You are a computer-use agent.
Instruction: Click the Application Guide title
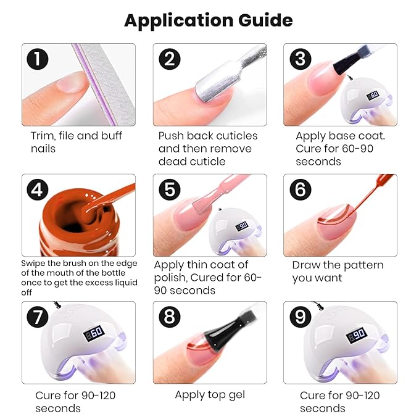click(x=209, y=20)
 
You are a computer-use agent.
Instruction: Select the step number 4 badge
click(x=38, y=189)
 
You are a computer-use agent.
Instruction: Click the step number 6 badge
click(x=300, y=189)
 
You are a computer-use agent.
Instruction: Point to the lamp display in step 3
click(x=372, y=95)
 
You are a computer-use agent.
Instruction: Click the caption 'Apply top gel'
click(x=209, y=394)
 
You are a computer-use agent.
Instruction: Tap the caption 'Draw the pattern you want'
click(x=338, y=272)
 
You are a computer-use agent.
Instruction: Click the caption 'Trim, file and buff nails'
click(x=76, y=142)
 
